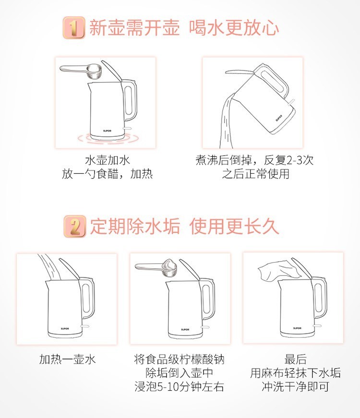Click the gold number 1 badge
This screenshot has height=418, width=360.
pos(74,27)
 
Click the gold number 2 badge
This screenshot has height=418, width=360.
pos(75,227)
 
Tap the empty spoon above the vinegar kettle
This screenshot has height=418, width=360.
pos(81,70)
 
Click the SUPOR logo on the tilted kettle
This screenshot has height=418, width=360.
pos(279,118)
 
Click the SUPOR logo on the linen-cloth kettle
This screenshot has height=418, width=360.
pos(297,328)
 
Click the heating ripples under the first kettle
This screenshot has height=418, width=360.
pos(108,138)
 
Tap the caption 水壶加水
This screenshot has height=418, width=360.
pos(108,160)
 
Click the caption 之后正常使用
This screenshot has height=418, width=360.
pos(256,174)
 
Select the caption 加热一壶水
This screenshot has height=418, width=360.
pos(68,359)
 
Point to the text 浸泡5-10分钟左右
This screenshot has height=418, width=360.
pos(179,387)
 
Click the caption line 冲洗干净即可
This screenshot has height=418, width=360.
pos(295,387)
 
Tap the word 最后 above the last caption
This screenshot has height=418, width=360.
pos(295,359)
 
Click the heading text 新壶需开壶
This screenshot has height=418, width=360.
pos(134,28)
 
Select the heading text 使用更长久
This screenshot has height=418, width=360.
pos(234,227)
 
